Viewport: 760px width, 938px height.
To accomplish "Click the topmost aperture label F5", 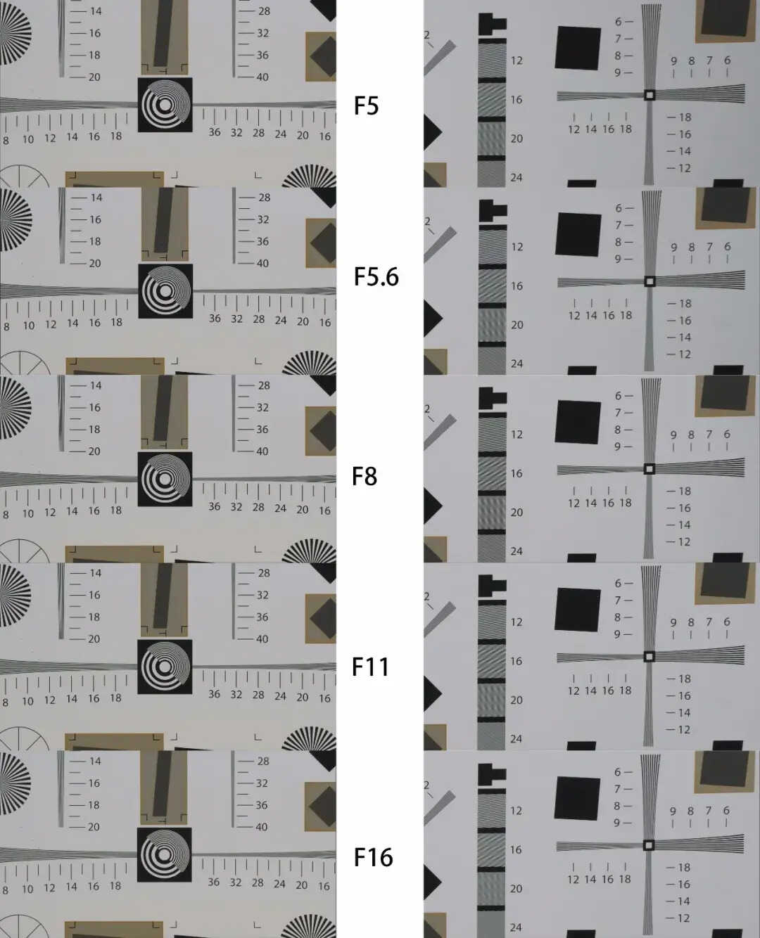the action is coord(366,106).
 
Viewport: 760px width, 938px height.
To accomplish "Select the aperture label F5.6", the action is coord(376,277).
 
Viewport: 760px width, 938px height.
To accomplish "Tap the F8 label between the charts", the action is coord(365,477).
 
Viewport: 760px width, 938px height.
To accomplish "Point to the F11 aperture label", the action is coord(371,667).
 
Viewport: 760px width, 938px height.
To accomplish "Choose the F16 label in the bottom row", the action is coord(373,857).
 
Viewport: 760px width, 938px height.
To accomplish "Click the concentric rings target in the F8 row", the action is coord(165,479).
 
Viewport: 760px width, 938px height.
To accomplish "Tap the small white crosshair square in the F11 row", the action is coord(649,657).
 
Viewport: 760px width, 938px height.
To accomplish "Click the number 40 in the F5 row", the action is coord(262,77).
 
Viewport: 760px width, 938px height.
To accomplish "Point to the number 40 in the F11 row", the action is coord(262,639).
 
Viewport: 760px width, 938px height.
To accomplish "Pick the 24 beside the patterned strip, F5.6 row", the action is coord(517,364).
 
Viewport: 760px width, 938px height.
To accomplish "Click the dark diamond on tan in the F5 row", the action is coord(323,56).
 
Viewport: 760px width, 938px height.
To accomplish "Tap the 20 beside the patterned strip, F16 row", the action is coord(516,889).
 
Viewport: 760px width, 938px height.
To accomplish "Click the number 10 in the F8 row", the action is coord(27,513).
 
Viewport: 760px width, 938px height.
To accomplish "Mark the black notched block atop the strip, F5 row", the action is coord(492,25).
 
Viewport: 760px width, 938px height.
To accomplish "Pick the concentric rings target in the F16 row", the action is coord(165,855).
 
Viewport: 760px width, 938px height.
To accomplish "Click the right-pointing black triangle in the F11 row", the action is coord(433,693).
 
